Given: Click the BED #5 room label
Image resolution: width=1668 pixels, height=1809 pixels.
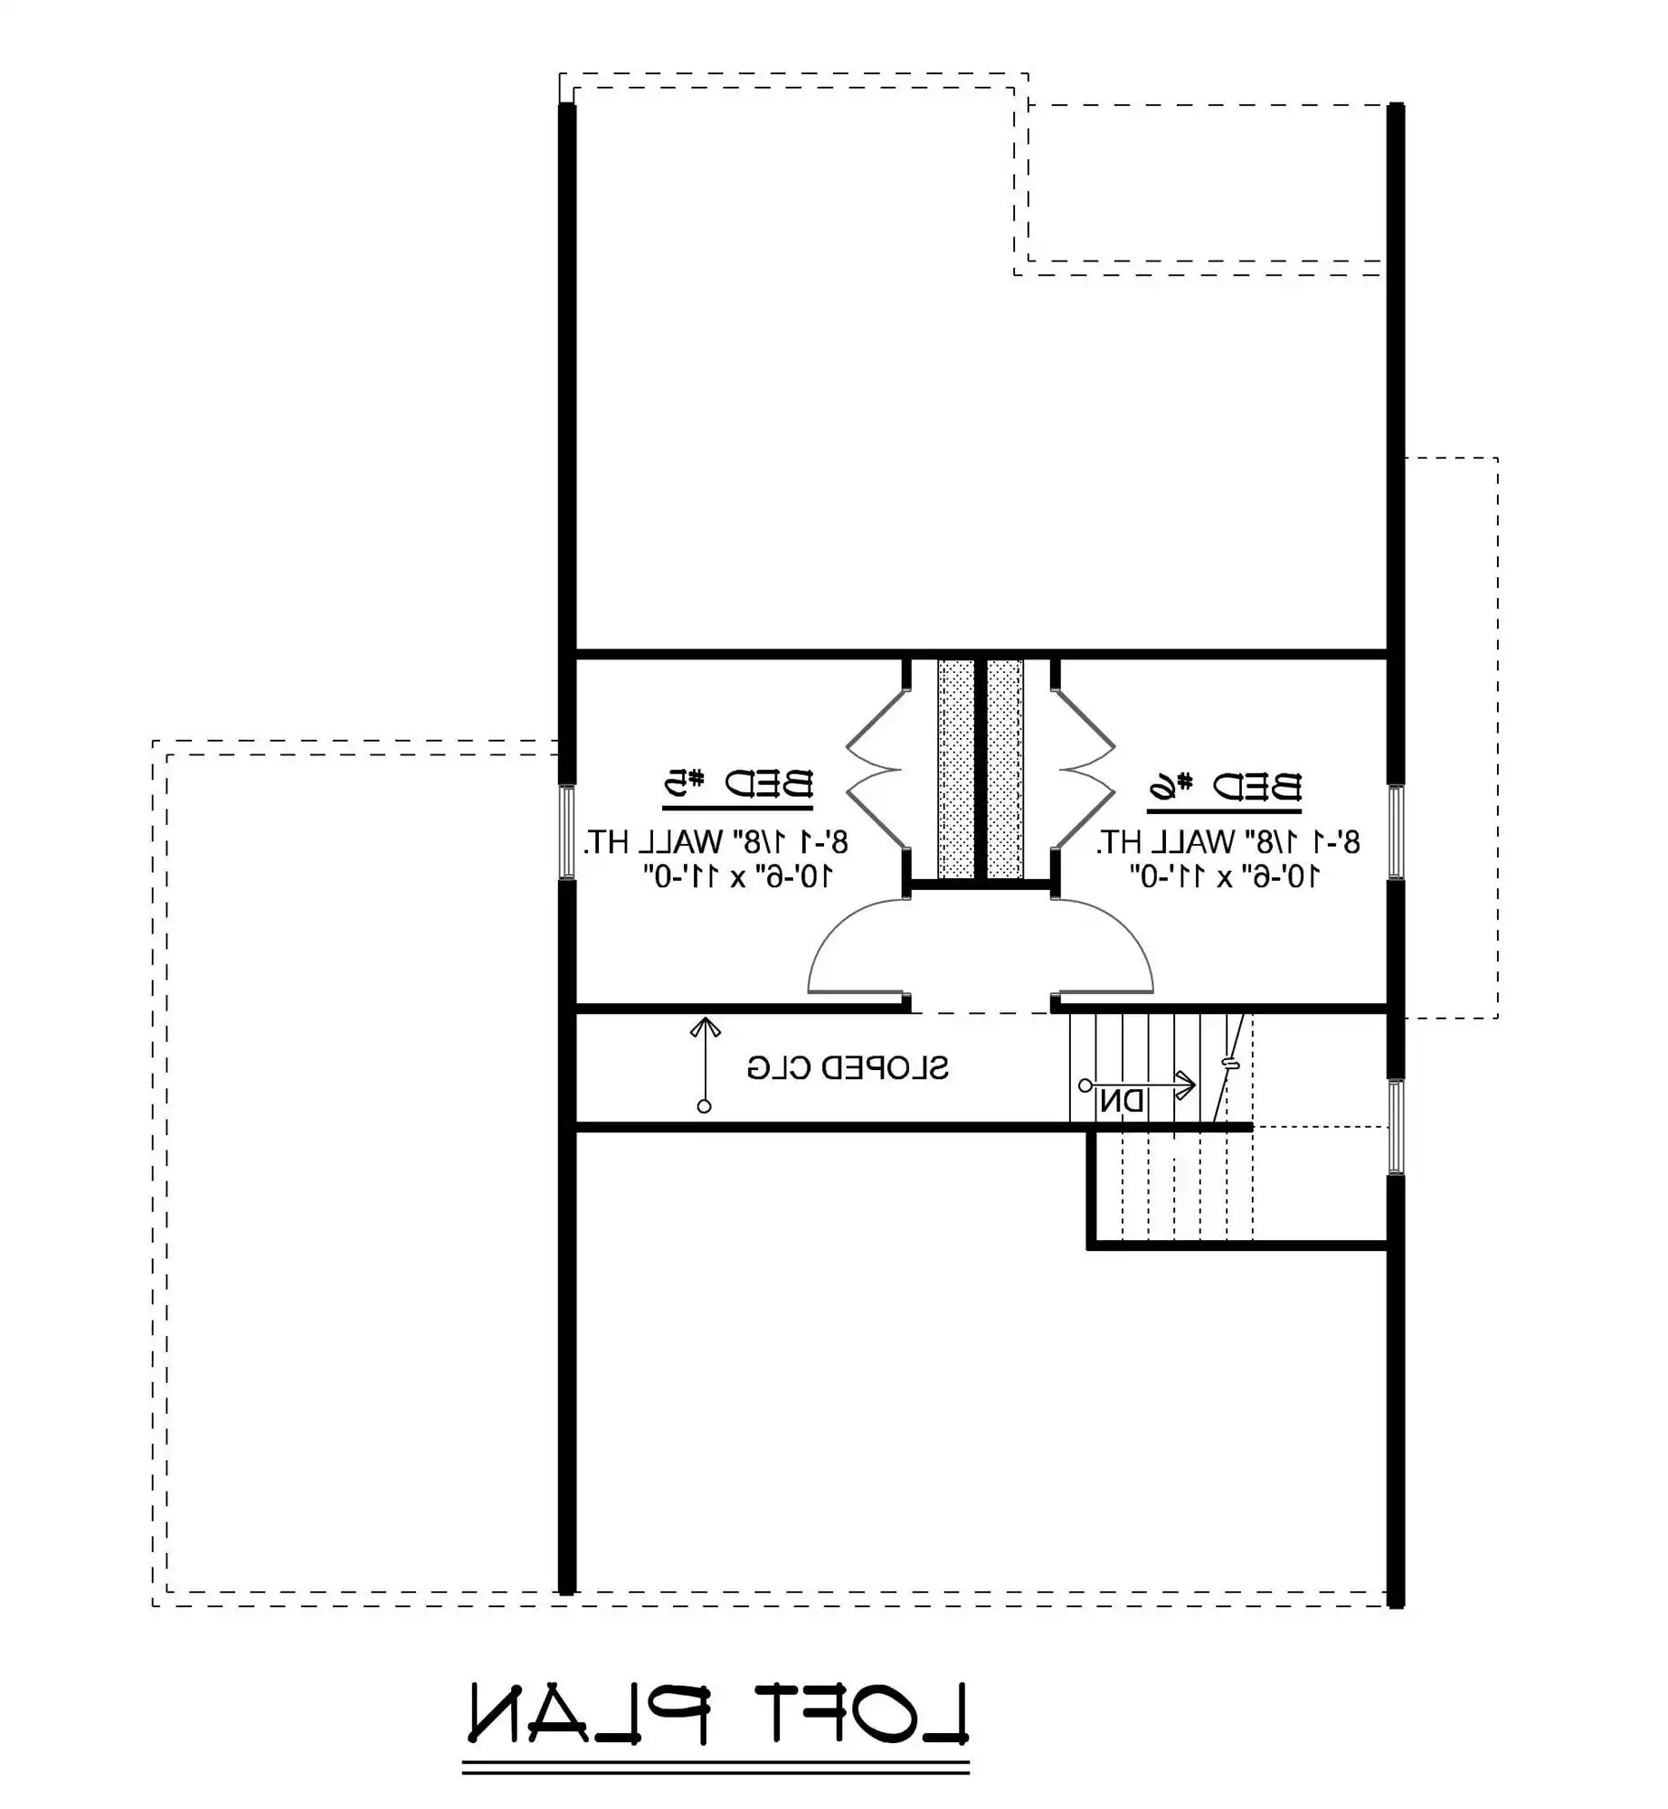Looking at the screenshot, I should (x=738, y=783).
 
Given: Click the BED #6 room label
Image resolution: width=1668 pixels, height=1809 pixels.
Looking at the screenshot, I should (x=1225, y=787).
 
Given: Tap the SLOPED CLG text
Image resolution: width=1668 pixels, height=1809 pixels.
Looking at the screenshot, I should (x=848, y=1068).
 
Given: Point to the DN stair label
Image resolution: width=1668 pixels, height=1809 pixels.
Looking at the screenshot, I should (x=1123, y=1102).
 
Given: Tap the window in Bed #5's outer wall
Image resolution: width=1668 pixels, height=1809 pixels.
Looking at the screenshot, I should (x=567, y=832).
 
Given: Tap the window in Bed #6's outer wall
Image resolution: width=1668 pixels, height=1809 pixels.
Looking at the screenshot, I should (x=1396, y=832).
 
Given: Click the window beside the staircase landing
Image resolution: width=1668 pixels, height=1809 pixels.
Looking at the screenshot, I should (x=1396, y=1127).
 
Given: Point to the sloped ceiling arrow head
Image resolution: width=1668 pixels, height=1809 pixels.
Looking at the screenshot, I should (x=705, y=1027).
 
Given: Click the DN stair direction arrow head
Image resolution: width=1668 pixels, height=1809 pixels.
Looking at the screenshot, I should (x=1186, y=1084).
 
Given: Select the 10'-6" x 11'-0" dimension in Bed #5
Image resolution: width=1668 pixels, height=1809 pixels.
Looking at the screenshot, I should (x=737, y=876).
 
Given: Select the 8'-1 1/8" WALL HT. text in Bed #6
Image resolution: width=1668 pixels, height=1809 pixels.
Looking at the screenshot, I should (x=1227, y=842).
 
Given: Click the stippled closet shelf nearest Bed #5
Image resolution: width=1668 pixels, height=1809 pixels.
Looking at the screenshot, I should (x=955, y=770).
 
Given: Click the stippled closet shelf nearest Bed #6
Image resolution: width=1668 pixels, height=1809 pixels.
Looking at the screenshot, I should (x=1004, y=770).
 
